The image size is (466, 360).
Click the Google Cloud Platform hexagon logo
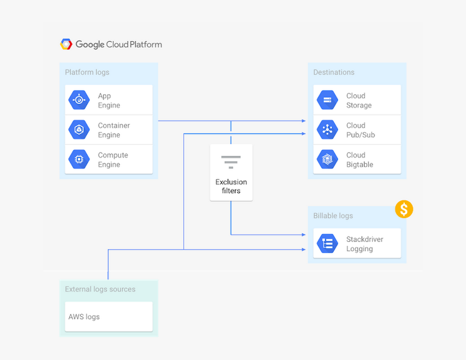point(66,44)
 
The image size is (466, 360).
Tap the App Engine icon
point(79,100)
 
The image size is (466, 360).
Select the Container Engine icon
point(79,130)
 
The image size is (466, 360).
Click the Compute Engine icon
point(79,160)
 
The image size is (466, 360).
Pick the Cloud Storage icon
point(327,100)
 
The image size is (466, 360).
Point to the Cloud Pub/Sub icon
point(327,130)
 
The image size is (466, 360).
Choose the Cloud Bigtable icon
point(327,160)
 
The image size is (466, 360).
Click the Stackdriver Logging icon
point(327,244)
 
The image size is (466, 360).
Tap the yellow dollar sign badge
point(404,209)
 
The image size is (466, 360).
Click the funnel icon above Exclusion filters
point(231,162)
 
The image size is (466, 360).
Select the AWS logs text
point(84,317)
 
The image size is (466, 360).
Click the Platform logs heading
point(87,72)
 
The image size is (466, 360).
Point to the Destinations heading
point(334,72)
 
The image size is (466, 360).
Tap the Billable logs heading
point(333,215)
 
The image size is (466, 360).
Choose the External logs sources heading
point(100,289)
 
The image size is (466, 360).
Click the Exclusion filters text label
point(231,186)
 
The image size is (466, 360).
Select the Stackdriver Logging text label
point(365,244)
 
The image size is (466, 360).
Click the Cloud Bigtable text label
point(360,160)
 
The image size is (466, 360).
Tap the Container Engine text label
point(114,130)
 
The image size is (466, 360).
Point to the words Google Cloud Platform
point(119,44)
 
